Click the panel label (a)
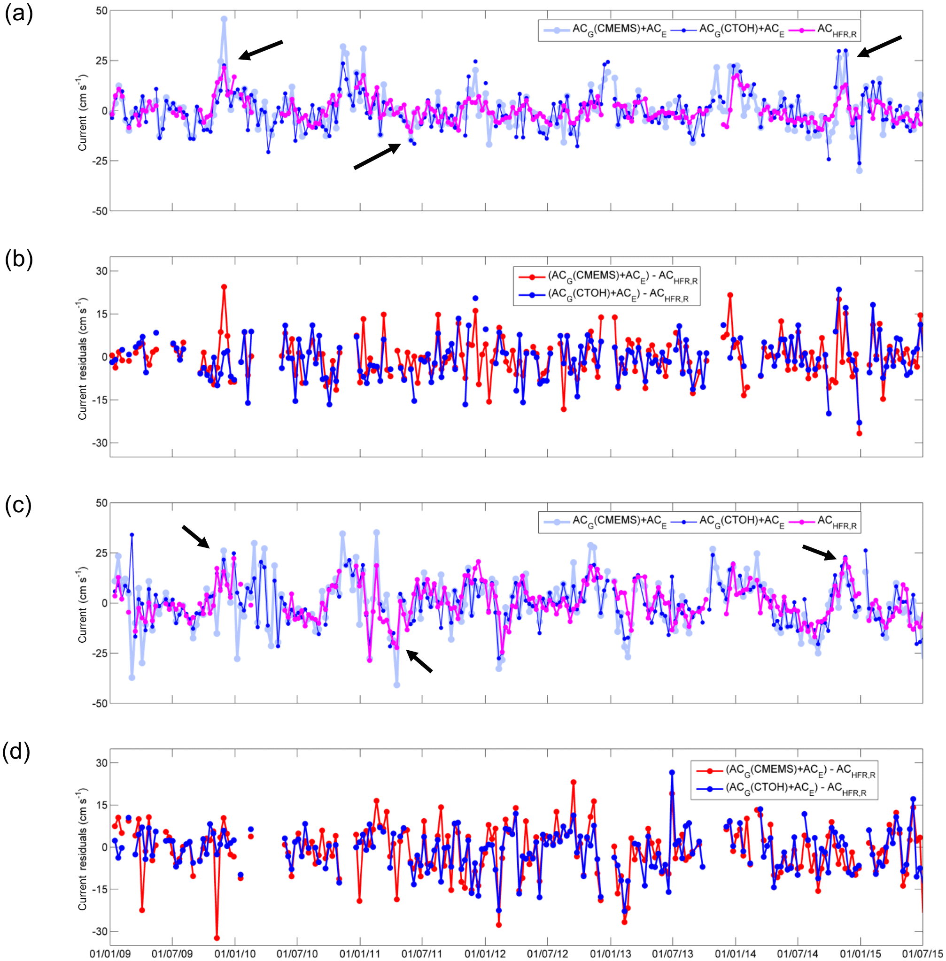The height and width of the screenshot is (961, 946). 18,14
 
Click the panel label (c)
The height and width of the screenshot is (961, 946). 18,505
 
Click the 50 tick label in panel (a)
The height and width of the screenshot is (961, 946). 101,11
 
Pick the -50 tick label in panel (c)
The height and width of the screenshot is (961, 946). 100,703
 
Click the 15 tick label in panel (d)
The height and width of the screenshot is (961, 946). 102,805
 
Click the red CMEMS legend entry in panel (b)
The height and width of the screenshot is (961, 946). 606,277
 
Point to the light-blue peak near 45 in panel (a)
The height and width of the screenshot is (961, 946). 224,19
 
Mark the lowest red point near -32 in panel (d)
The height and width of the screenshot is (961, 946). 217,938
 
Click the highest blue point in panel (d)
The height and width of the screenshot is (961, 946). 672,772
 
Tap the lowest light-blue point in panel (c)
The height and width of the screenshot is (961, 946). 396,685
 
